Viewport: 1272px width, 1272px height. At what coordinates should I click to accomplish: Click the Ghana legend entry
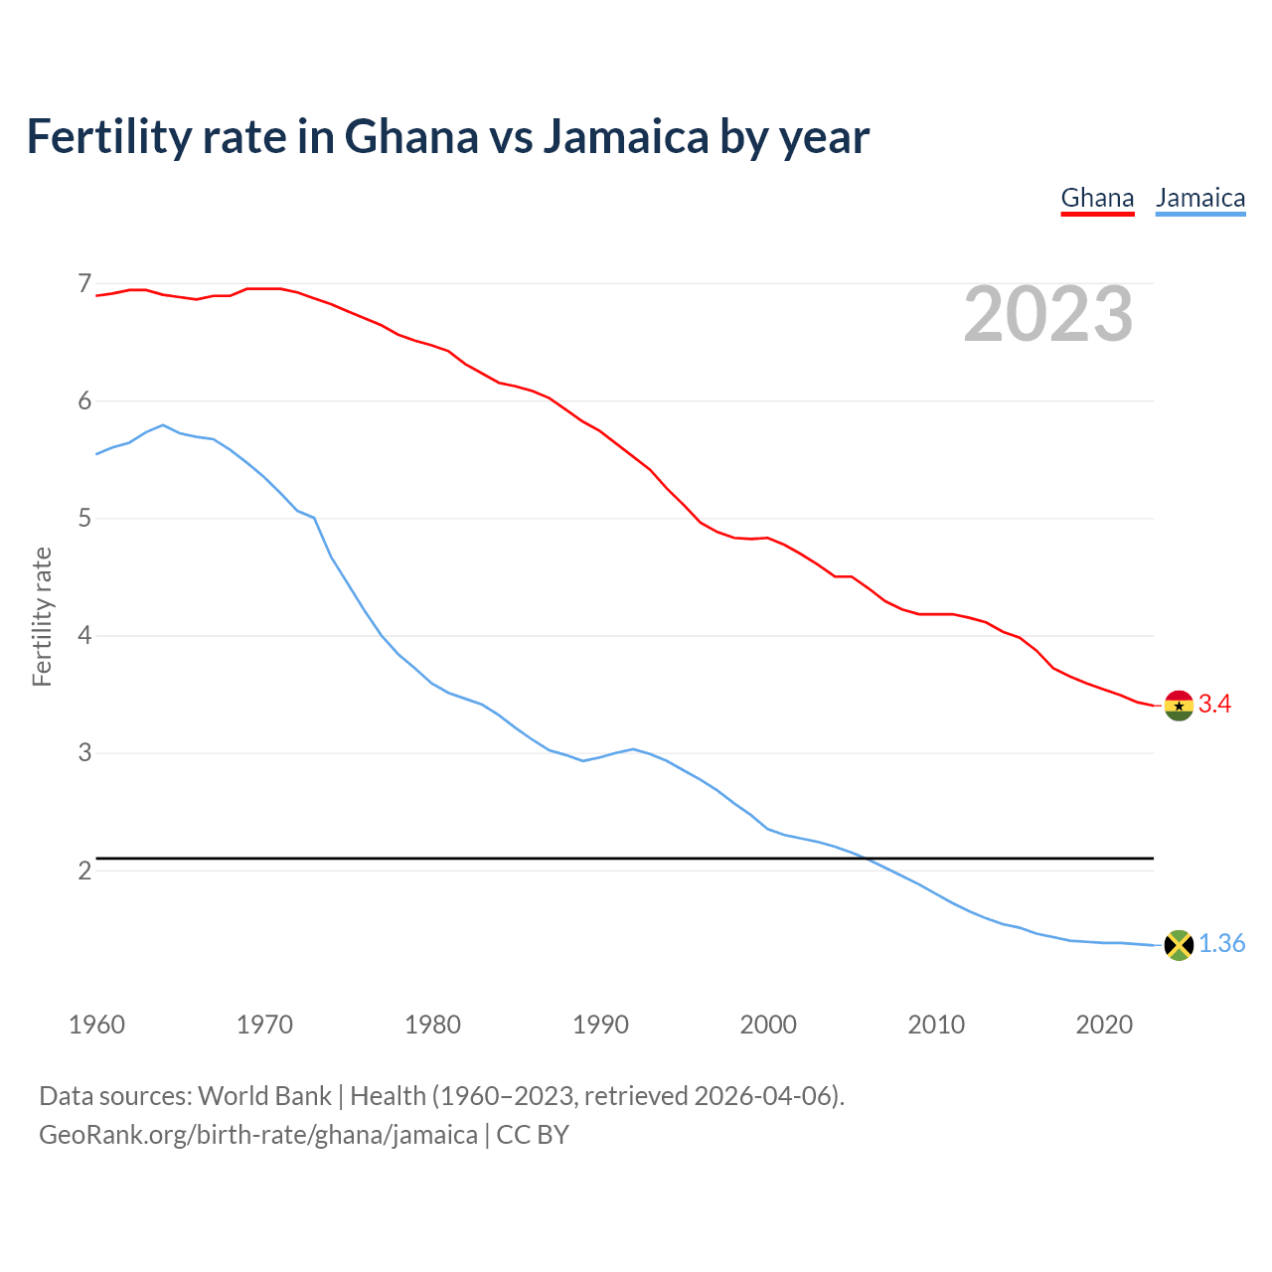click(x=1097, y=198)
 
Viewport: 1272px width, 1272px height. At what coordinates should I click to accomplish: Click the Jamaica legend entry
click(x=1200, y=198)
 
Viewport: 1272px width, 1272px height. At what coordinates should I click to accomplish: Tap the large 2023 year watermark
click(x=1047, y=314)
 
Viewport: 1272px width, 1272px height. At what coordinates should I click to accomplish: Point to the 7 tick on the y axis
click(x=84, y=284)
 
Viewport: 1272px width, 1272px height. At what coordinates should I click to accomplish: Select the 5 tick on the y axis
click(x=84, y=519)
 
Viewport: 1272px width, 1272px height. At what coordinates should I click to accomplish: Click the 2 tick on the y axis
click(x=84, y=871)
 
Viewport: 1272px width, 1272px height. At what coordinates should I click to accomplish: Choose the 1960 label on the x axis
click(x=96, y=1025)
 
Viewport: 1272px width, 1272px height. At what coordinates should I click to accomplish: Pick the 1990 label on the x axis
click(x=600, y=1025)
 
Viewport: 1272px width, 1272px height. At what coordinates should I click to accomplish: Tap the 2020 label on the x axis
click(x=1104, y=1025)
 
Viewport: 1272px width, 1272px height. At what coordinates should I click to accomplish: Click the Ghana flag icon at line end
click(x=1179, y=706)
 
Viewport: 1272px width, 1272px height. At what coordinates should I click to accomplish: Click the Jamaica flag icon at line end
click(x=1179, y=945)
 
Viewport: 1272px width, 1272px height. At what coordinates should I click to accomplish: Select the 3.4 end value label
click(x=1214, y=705)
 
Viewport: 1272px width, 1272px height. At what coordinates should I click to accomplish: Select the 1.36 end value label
click(x=1221, y=944)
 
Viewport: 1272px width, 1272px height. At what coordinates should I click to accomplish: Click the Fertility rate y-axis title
click(x=42, y=616)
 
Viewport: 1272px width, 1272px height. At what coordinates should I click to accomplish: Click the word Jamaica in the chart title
click(x=625, y=137)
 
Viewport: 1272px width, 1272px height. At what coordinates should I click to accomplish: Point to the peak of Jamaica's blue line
click(x=162, y=425)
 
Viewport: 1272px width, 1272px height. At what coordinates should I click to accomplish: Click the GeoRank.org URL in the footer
click(x=257, y=1135)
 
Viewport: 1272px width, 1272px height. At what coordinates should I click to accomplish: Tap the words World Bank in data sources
click(x=264, y=1096)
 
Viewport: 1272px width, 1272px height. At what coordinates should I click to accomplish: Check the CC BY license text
click(x=533, y=1135)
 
